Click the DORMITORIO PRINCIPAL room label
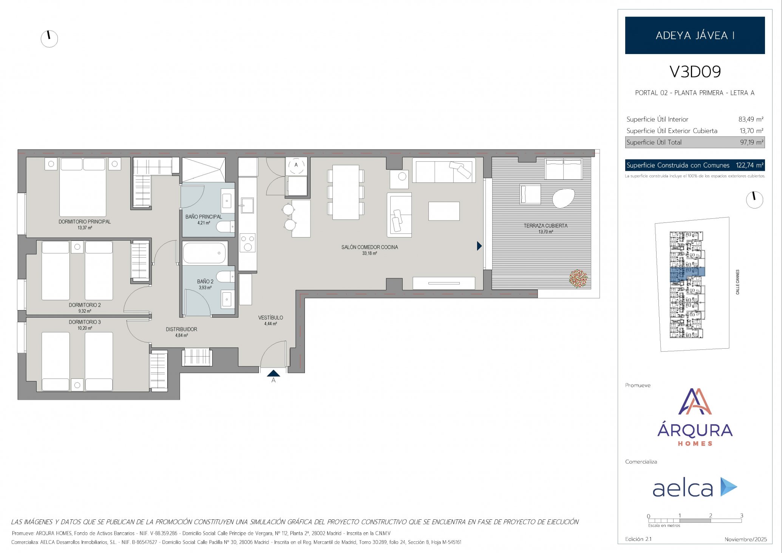(x=85, y=222)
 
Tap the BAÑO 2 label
(x=205, y=281)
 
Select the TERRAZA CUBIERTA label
(x=546, y=226)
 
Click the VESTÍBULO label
(x=270, y=318)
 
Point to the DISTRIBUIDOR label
(x=181, y=329)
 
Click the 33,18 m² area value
(x=369, y=253)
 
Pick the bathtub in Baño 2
(x=204, y=253)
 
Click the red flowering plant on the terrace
(x=578, y=278)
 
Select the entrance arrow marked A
(x=274, y=373)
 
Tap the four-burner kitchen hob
(x=248, y=243)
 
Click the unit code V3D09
(x=695, y=72)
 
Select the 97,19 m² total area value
(x=752, y=142)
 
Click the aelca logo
(x=695, y=487)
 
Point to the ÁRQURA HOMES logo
(x=695, y=417)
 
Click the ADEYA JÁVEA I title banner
(x=695, y=35)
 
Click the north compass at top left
(x=49, y=39)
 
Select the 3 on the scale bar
(x=742, y=515)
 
